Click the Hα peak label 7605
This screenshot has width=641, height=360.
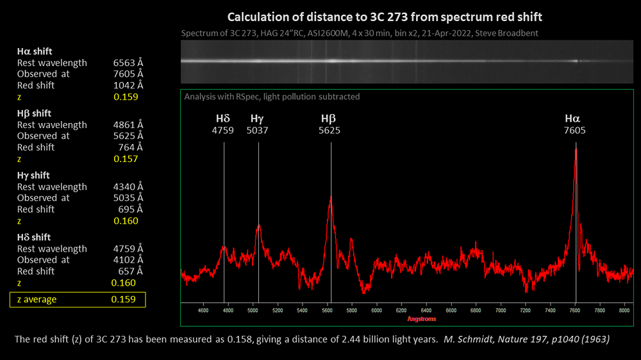tap(575, 131)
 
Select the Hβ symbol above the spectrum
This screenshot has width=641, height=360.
tap(329, 119)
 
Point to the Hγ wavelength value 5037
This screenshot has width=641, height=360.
tap(258, 131)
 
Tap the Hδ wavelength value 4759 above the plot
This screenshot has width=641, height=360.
tap(224, 131)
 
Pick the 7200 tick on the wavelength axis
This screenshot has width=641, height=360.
tap(526, 310)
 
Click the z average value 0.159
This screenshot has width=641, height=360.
tap(123, 299)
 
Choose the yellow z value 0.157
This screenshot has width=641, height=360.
tap(126, 159)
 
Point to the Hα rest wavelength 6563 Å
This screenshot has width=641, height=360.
tap(127, 63)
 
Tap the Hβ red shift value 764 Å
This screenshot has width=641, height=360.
tap(130, 147)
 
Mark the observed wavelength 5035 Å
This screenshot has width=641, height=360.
tap(127, 198)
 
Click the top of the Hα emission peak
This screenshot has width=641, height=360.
tap(576, 149)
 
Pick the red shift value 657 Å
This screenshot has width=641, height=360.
tap(130, 271)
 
